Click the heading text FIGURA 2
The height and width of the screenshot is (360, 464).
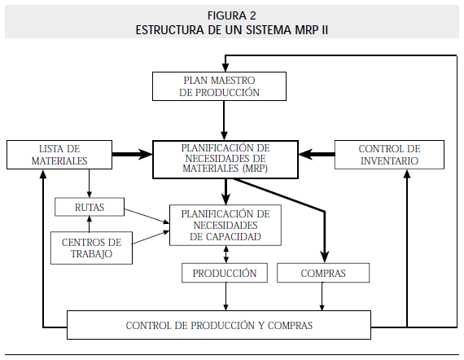[x=232, y=16]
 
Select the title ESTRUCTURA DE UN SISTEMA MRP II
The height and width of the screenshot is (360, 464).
[x=232, y=29]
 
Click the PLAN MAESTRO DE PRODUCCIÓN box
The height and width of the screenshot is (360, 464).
[x=220, y=86]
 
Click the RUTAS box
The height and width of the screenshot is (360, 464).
[x=90, y=208]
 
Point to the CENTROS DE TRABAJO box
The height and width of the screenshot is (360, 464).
[x=91, y=248]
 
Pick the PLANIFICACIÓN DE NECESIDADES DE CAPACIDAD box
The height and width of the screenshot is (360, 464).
[x=225, y=225]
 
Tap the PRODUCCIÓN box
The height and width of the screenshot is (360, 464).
[x=225, y=273]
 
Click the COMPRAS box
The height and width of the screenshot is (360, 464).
[x=323, y=273]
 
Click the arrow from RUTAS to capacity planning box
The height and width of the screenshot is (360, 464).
[x=147, y=214]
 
